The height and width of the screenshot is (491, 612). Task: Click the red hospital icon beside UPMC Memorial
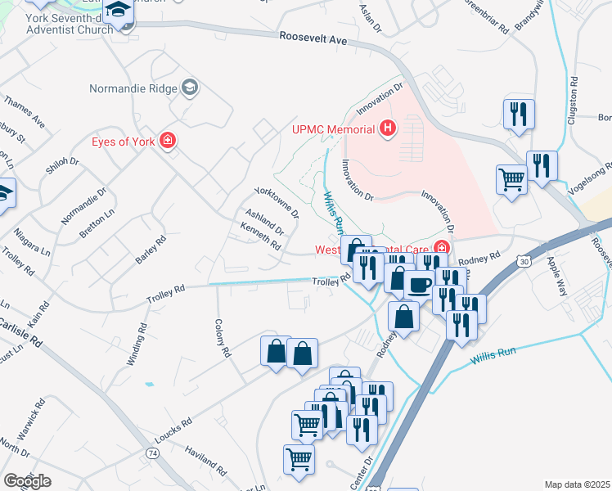click(388, 128)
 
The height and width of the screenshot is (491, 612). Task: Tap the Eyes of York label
click(124, 141)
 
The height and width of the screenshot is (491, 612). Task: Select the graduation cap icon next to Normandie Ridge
click(191, 88)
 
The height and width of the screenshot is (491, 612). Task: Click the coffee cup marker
click(420, 286)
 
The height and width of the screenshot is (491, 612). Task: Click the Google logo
click(27, 480)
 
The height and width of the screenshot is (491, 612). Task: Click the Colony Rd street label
click(221, 339)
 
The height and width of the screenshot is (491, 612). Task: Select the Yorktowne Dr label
click(277, 200)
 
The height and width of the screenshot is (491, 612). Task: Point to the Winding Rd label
click(142, 343)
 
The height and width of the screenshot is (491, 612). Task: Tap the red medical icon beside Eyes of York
click(168, 141)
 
